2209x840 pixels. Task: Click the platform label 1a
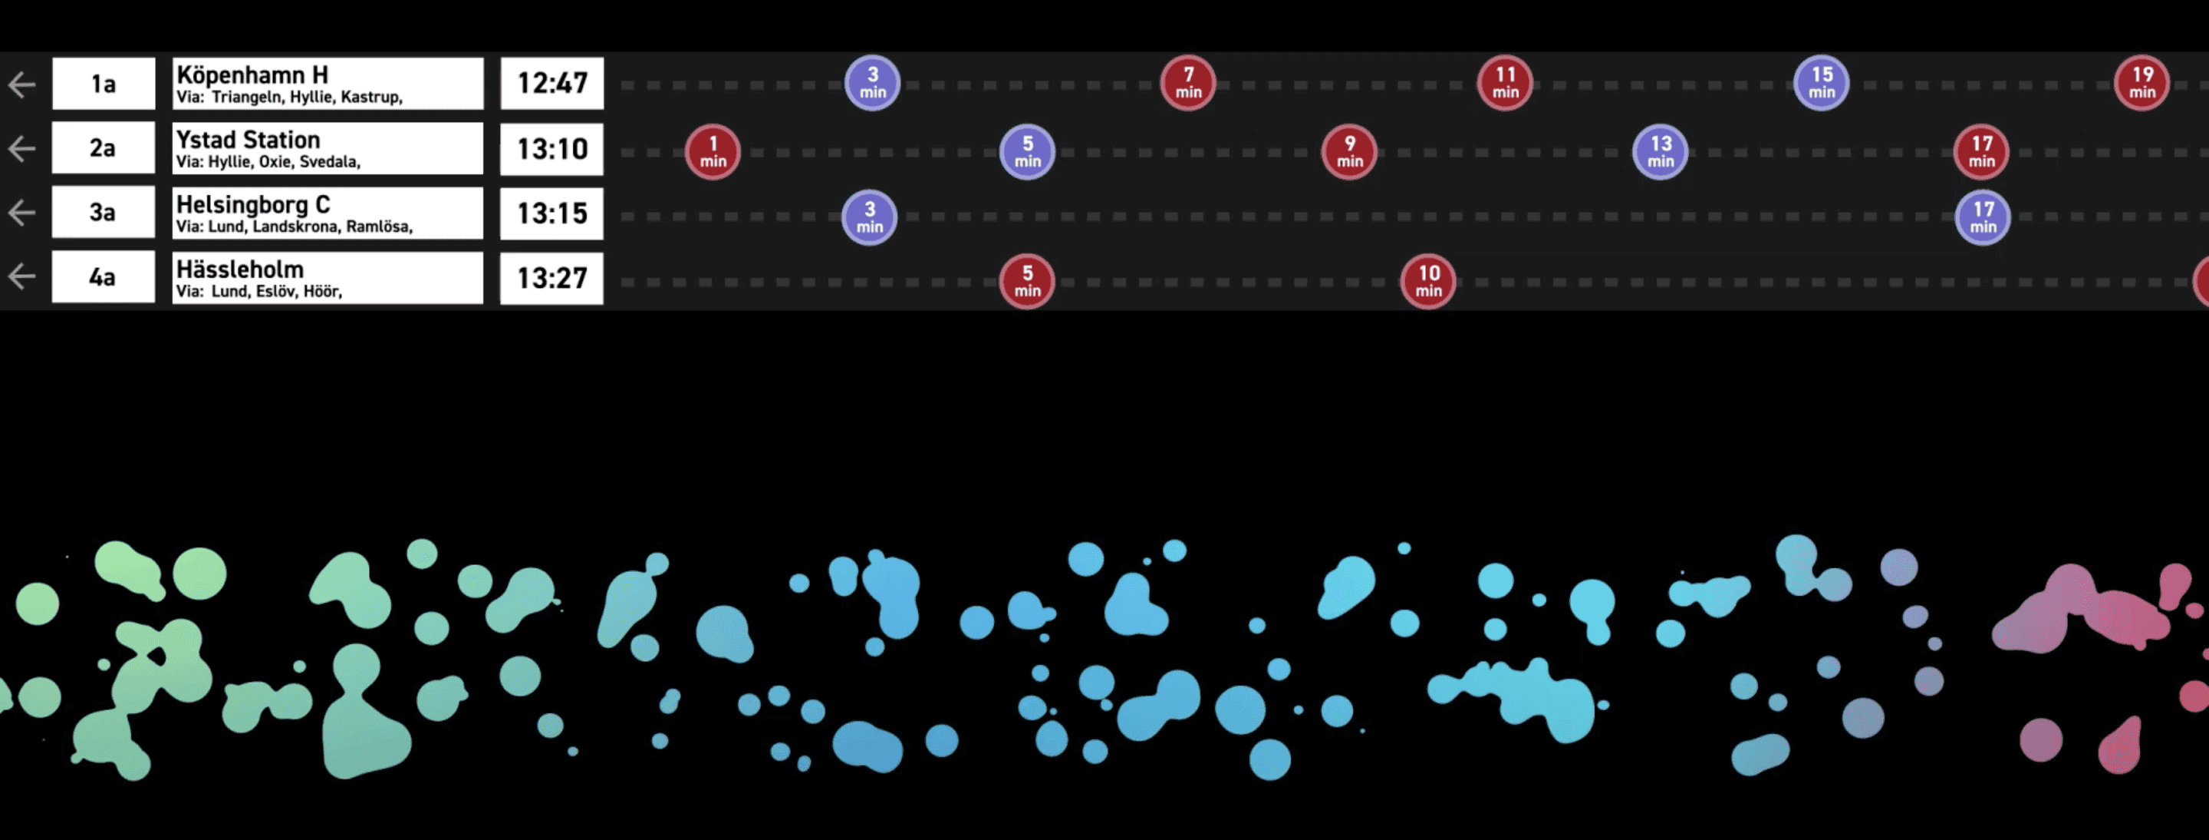click(103, 83)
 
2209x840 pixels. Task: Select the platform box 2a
click(103, 147)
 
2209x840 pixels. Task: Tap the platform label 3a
click(103, 212)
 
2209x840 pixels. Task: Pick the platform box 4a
click(103, 276)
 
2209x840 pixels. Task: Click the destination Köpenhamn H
click(252, 74)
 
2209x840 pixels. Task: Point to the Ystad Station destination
click(248, 139)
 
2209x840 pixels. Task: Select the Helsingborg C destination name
click(253, 204)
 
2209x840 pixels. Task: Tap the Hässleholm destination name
click(240, 269)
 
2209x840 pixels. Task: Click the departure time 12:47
click(551, 83)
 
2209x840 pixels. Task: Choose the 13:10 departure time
click(551, 148)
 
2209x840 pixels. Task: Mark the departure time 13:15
click(551, 213)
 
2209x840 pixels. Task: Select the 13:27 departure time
click(551, 278)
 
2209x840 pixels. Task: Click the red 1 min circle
click(713, 152)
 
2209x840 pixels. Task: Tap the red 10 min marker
click(1427, 280)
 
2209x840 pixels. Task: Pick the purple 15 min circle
click(1822, 82)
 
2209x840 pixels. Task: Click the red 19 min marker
click(2142, 82)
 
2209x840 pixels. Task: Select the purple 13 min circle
click(1660, 152)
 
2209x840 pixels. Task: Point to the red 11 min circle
click(1505, 82)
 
